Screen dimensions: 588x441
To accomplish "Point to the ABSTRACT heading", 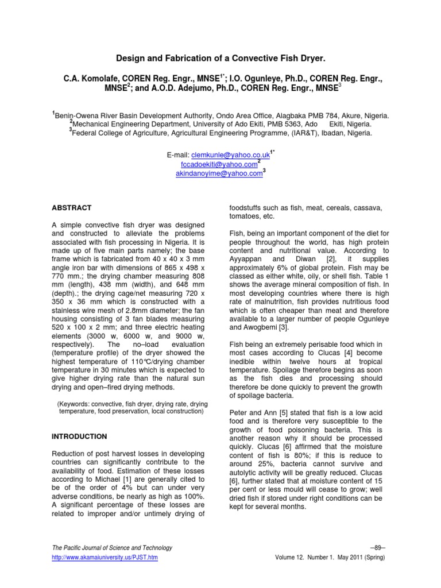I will (x=72, y=207).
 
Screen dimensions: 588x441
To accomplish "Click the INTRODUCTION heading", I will (x=80, y=436).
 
